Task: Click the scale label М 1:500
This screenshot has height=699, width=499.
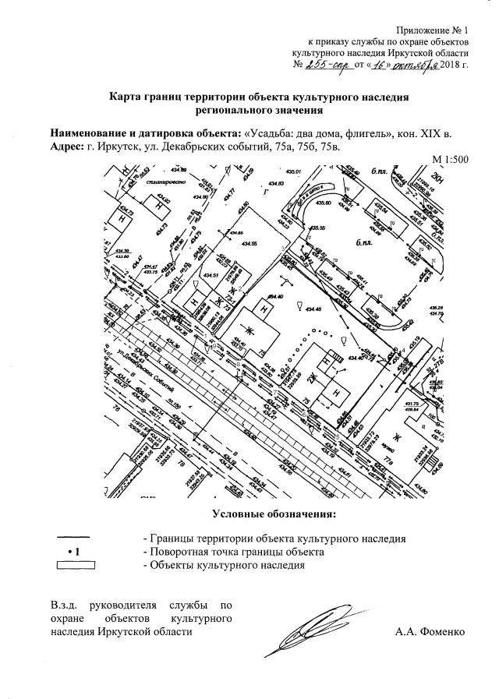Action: tap(450, 160)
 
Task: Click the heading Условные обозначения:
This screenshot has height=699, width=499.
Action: tap(274, 514)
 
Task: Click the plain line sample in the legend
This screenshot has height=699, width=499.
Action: tap(75, 538)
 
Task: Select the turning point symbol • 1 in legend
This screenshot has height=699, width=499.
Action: tap(75, 552)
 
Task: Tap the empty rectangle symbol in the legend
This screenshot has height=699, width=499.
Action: tap(75, 566)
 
